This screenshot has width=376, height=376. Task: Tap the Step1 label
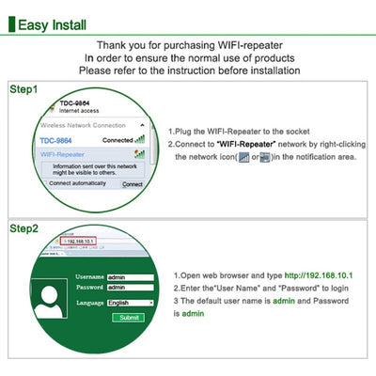coord(24,89)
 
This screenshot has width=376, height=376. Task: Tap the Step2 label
coord(24,228)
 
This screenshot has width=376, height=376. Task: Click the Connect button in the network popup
coord(133,184)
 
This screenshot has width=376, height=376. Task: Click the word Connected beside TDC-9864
coord(117,140)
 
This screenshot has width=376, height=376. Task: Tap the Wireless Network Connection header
coord(84,125)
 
